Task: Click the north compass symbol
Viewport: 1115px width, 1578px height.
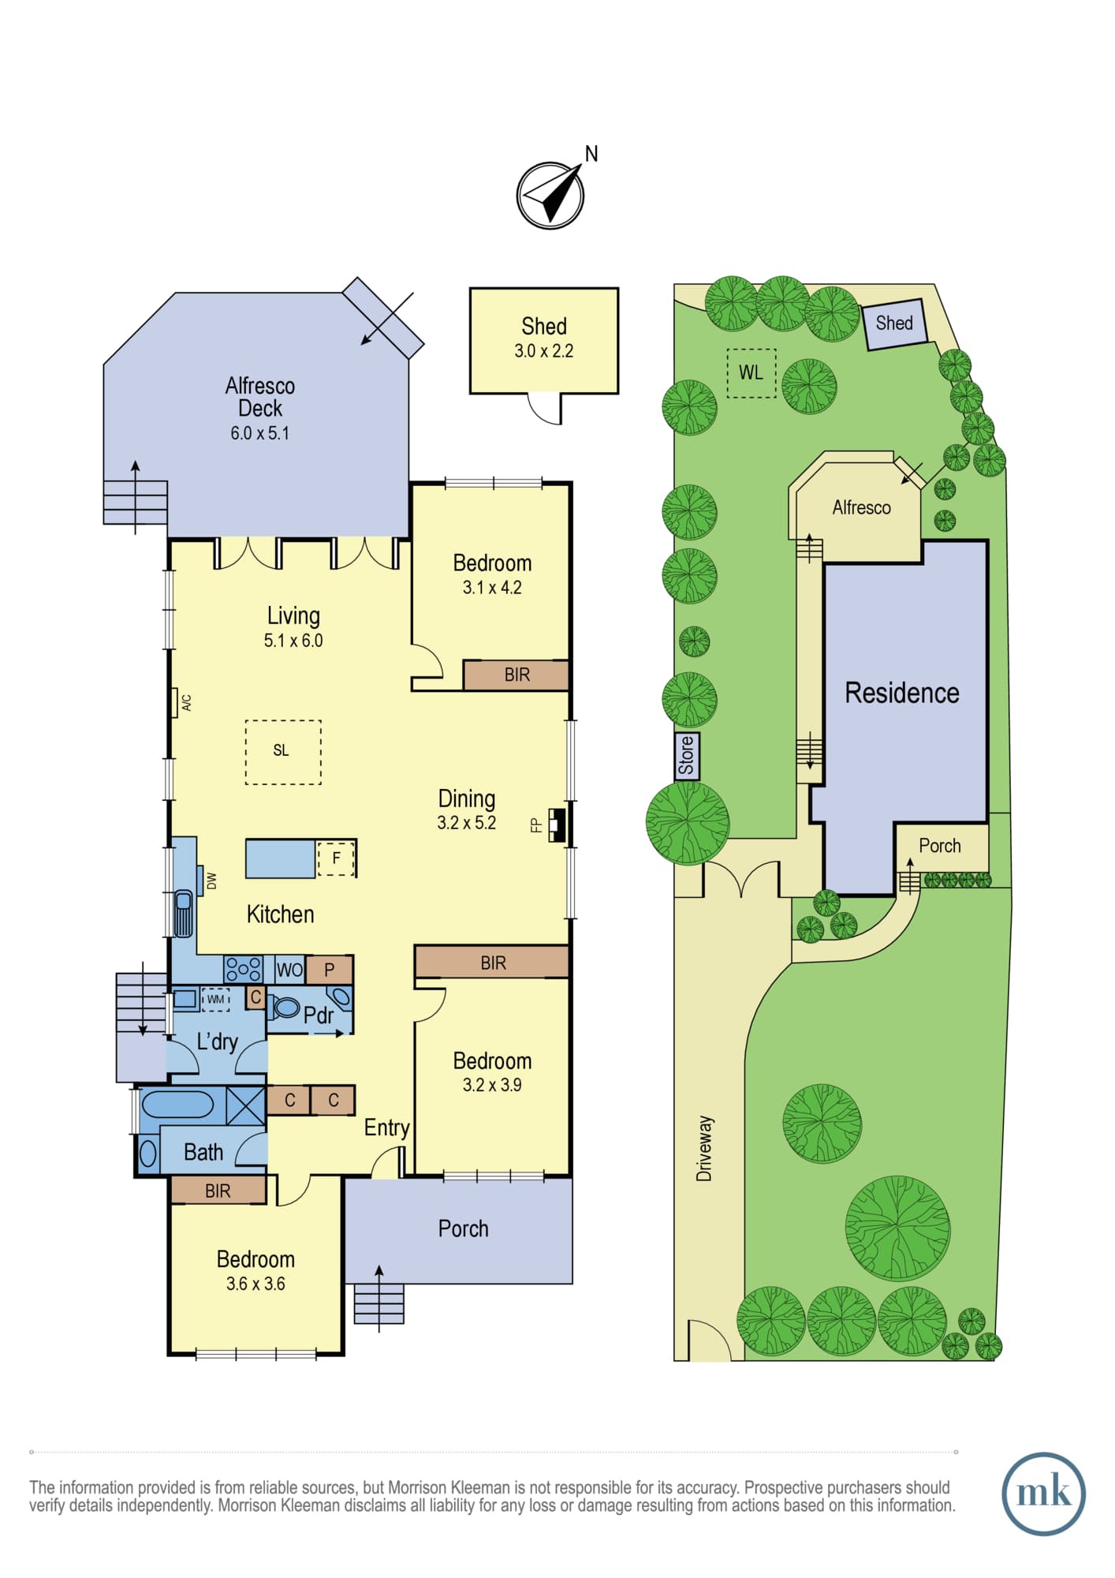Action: (550, 195)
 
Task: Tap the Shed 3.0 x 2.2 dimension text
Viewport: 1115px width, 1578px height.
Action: (543, 351)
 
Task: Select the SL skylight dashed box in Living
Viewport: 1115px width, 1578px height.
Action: (283, 752)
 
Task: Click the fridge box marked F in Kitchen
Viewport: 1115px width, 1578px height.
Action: (337, 858)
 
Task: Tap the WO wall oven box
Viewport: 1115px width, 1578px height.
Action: (289, 970)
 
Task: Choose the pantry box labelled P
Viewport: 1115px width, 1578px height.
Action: (329, 970)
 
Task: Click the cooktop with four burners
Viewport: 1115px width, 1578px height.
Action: (244, 969)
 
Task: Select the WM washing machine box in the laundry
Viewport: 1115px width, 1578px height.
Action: (216, 1000)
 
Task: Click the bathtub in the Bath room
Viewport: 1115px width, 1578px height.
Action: (177, 1105)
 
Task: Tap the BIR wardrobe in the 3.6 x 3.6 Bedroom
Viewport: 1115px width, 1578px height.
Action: (218, 1191)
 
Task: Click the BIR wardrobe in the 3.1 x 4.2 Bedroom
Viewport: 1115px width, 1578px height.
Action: (516, 675)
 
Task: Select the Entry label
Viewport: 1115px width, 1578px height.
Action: (386, 1128)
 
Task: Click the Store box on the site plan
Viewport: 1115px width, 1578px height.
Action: (686, 756)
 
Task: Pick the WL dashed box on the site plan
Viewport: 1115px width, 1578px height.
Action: (751, 373)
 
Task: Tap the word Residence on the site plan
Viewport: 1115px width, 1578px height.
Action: (902, 693)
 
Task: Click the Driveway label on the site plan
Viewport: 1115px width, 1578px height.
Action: (704, 1148)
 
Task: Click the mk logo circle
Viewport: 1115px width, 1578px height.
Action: (1043, 1494)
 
